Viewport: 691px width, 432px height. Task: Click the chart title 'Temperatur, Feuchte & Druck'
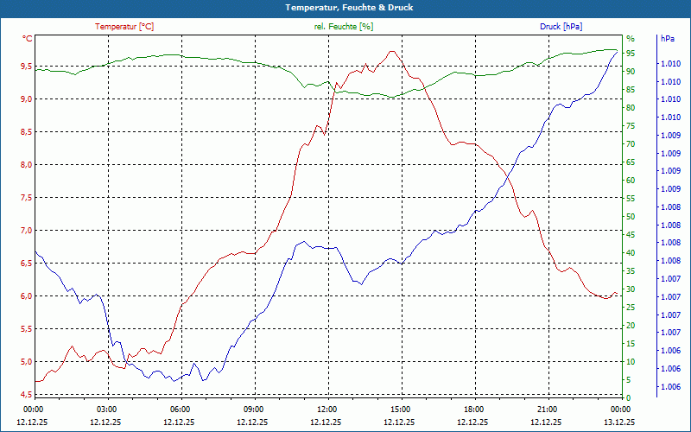[x=345, y=7]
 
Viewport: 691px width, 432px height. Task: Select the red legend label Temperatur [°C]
[x=124, y=27]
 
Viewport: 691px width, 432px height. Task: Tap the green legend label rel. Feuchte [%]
[x=344, y=27]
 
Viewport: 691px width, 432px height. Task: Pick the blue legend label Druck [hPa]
[x=561, y=27]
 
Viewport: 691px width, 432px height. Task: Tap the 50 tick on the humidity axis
[x=631, y=216]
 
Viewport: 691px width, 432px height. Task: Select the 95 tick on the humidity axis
[x=631, y=53]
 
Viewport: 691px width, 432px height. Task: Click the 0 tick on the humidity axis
[x=628, y=397]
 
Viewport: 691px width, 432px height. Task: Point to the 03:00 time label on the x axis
[x=107, y=409]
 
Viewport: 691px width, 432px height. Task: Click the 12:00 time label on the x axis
[x=327, y=409]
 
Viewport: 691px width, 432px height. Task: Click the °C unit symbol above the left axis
[x=28, y=39]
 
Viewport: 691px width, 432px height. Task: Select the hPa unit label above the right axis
[x=667, y=39]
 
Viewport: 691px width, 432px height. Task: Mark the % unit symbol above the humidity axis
[x=630, y=39]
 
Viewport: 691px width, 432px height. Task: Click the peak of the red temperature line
[x=393, y=51]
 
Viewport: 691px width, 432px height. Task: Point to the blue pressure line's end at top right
[x=617, y=52]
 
